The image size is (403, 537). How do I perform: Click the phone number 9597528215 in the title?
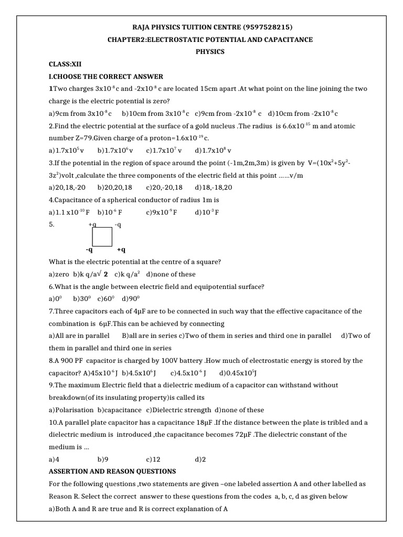(x=268, y=27)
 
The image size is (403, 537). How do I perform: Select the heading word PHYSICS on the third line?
(x=210, y=51)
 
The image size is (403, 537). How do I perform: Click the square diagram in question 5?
(x=102, y=237)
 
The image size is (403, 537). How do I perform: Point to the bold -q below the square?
(x=90, y=250)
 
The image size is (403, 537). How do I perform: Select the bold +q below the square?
(x=121, y=250)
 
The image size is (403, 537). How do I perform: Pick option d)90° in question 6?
(x=130, y=299)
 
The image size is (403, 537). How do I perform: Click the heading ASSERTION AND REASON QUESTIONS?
(x=112, y=471)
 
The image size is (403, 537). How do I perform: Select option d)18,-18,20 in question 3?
(x=214, y=187)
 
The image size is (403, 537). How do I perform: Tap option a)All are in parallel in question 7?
(x=79, y=336)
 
